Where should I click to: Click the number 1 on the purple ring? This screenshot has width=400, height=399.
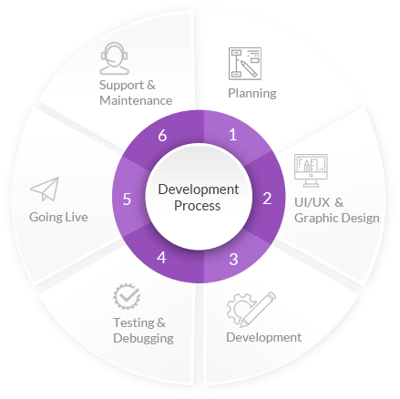tap(232, 135)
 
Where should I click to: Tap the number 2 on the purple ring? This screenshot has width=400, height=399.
tap(267, 199)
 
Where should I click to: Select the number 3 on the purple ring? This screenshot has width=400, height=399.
tap(233, 260)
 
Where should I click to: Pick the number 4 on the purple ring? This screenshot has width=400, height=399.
tap(161, 258)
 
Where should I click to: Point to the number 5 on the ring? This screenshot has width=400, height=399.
tap(127, 199)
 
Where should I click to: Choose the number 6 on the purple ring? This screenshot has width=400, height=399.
tap(162, 136)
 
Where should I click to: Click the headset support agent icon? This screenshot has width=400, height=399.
tap(114, 58)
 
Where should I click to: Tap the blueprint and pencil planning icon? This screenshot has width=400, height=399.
tap(245, 64)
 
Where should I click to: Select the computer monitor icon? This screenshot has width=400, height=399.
tap(311, 170)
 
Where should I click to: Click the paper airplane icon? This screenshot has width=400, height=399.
tap(45, 189)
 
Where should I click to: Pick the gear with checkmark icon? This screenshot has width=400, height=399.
tap(127, 296)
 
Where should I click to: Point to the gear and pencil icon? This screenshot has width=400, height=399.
tap(251, 310)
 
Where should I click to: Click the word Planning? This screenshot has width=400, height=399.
tap(252, 94)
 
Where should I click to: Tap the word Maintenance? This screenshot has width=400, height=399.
tap(136, 100)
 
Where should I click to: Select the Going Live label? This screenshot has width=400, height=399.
tap(58, 218)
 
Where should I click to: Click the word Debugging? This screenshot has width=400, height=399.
tap(143, 339)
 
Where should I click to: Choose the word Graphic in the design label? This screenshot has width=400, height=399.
tap(313, 219)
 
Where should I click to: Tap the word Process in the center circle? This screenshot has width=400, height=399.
tap(198, 206)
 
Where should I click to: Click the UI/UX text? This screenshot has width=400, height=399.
tap(312, 202)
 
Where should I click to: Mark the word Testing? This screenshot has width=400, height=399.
tap(134, 323)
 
